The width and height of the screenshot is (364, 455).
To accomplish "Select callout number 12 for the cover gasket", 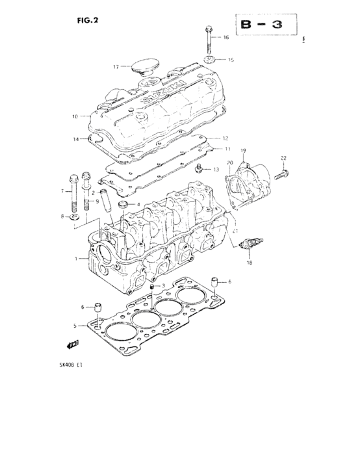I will tap(225, 138).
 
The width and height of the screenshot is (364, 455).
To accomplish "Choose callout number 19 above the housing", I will tap(243, 151).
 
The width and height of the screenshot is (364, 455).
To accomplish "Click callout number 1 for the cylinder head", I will tap(76, 259).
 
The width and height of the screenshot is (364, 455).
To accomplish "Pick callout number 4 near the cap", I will tap(138, 205).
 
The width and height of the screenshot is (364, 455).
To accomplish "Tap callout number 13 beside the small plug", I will tap(215, 168).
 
